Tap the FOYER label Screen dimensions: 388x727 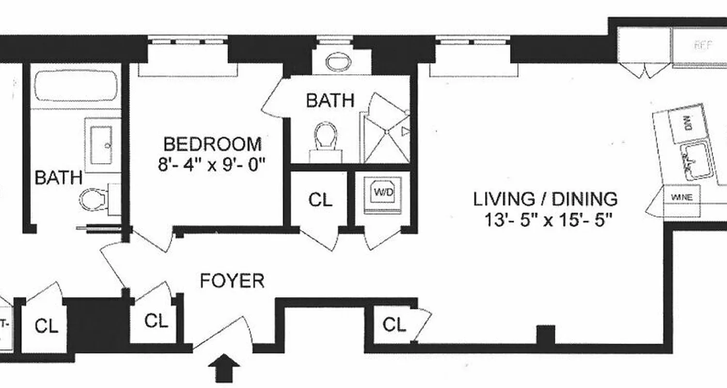tap(232, 281)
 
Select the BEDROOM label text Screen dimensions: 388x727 tap(212, 144)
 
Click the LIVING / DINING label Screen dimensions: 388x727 tap(545, 199)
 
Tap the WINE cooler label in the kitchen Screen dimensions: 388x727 tap(681, 197)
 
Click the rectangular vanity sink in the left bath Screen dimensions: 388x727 tap(101, 139)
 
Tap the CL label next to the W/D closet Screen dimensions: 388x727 tap(320, 199)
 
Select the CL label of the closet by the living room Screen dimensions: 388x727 tap(394, 325)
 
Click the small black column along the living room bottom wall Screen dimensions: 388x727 tap(546, 335)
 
